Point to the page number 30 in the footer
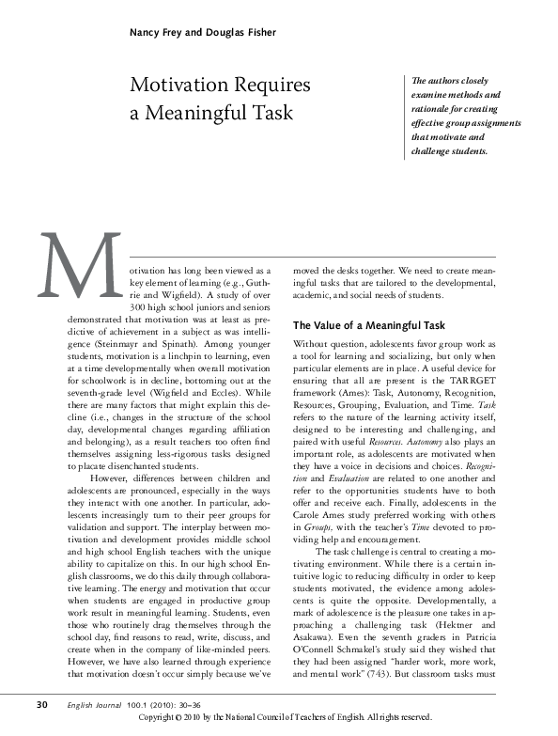coord(42,705)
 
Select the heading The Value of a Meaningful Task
coord(369,325)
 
